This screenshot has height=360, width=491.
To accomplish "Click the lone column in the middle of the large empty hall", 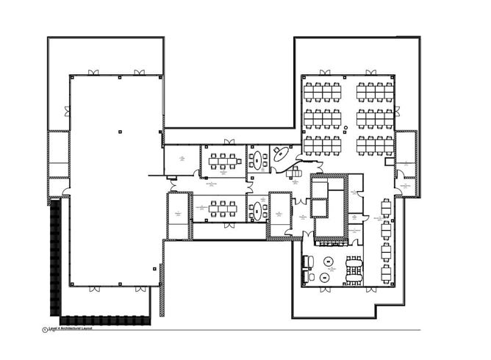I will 118,130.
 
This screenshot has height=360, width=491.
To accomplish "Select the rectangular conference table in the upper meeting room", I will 221,162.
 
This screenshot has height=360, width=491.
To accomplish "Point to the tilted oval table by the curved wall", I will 281,155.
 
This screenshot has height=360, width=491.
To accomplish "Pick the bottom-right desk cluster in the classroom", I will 375,143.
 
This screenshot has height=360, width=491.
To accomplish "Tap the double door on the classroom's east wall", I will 398,112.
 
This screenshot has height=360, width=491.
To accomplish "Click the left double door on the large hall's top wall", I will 94,73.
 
